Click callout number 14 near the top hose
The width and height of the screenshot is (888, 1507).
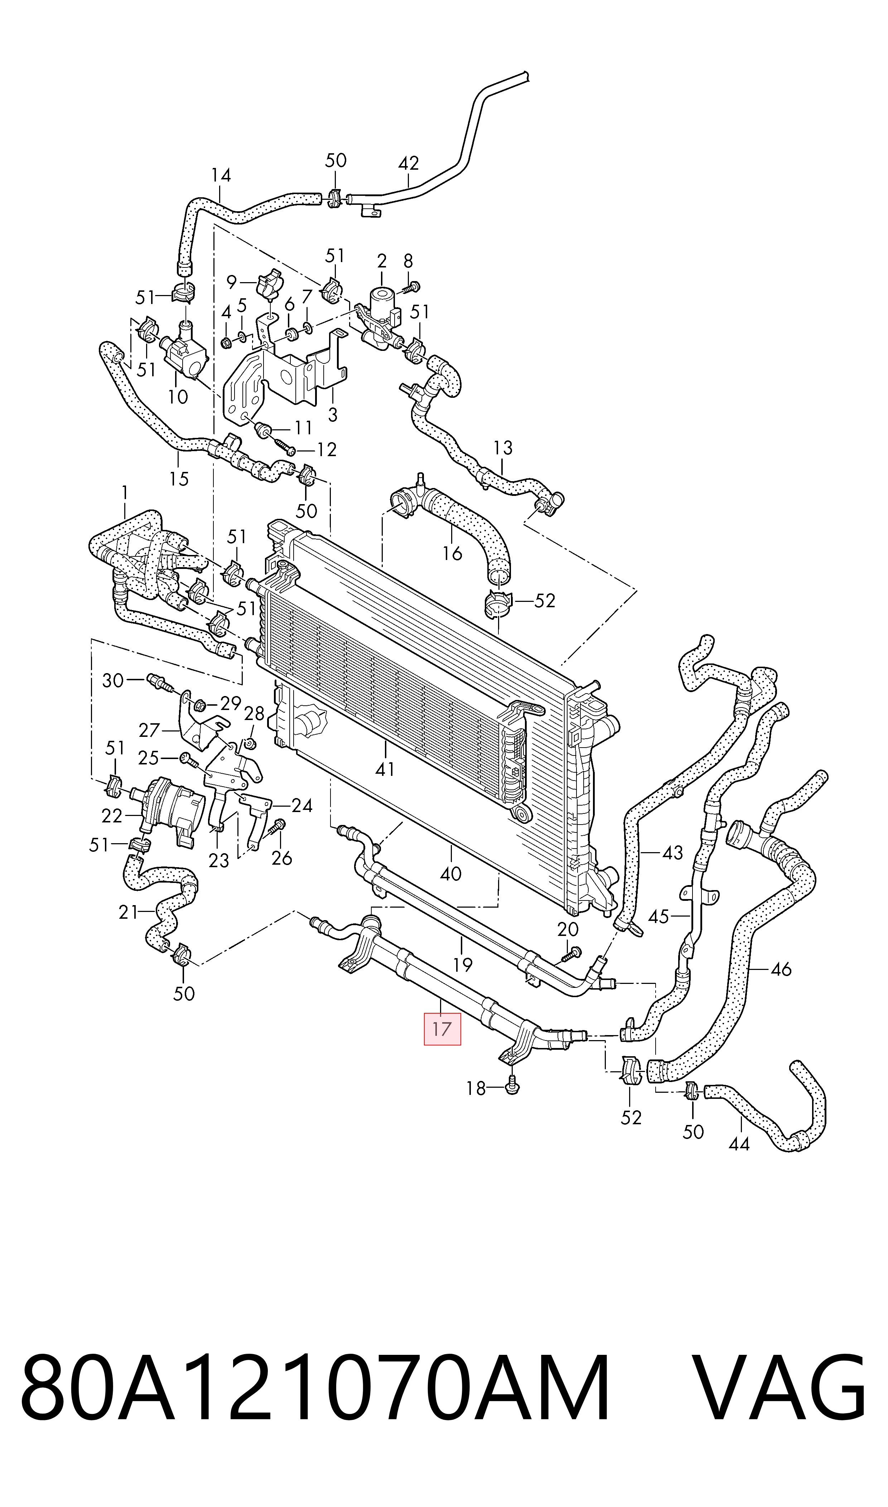point(221,175)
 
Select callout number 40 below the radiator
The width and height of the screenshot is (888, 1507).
point(450,874)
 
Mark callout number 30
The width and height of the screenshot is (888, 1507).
point(112,680)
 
